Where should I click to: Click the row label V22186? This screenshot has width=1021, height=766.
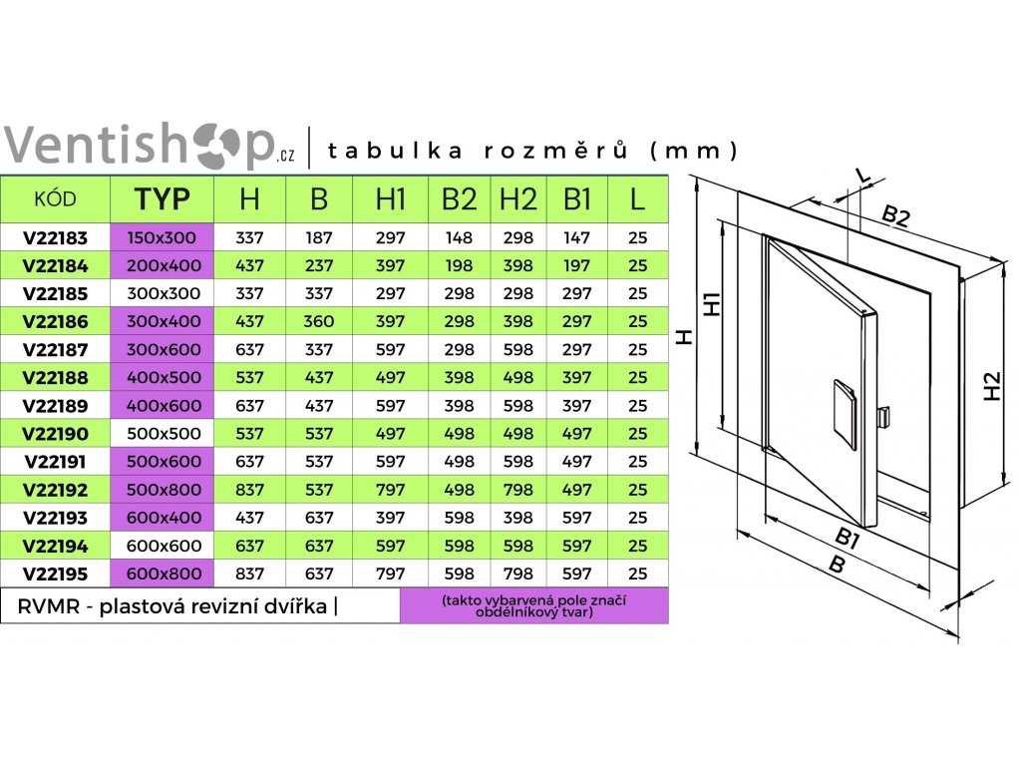pos(55,322)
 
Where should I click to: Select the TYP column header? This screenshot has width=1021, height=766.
pos(162,198)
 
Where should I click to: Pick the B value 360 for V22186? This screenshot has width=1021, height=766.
pos(319,322)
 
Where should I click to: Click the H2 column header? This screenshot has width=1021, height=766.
pos(516,198)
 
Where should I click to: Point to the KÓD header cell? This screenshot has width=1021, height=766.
pos(55,198)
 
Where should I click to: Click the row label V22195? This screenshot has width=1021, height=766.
pos(55,574)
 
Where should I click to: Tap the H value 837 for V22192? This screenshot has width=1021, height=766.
pos(249,490)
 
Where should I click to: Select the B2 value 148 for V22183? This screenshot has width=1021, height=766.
pos(459,238)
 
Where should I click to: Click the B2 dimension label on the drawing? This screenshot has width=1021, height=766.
pos(895,217)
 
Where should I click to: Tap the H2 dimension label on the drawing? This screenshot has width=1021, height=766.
pos(992,386)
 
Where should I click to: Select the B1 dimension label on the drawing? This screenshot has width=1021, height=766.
pos(849,539)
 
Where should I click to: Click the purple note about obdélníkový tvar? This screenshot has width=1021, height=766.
pos(533,606)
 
